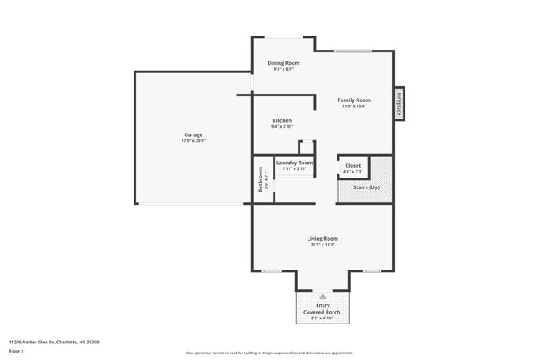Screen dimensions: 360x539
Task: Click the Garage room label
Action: (x=192, y=134)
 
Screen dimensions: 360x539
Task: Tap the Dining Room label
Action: (x=284, y=63)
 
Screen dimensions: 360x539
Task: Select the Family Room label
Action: (x=353, y=100)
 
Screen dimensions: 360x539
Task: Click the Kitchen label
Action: (x=282, y=120)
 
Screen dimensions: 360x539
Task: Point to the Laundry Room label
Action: (x=294, y=163)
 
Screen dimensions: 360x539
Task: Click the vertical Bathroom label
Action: (x=260, y=180)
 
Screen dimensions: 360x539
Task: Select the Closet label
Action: (x=353, y=166)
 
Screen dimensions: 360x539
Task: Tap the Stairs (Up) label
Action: (x=365, y=187)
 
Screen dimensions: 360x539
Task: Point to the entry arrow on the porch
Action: (x=322, y=295)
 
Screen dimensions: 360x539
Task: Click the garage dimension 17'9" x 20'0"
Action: (x=192, y=141)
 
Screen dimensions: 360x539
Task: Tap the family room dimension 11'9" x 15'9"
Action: (x=353, y=106)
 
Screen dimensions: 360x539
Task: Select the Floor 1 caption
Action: (x=16, y=350)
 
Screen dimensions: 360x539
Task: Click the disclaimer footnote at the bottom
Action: (x=269, y=353)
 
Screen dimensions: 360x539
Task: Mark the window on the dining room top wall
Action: (x=284, y=37)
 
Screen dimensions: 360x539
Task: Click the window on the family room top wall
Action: (x=352, y=51)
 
